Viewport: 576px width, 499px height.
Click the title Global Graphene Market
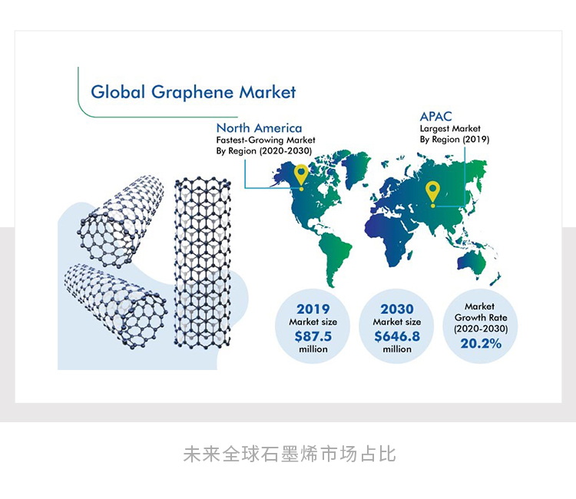(193, 92)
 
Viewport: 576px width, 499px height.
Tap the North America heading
(259, 128)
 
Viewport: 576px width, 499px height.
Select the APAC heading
(435, 117)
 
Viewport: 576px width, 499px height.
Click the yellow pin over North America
(301, 177)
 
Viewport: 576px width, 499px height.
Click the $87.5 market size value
(313, 335)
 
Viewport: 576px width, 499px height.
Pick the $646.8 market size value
(398, 335)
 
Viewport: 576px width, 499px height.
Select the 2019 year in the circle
(313, 309)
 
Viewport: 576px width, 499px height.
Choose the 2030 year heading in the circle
(397, 309)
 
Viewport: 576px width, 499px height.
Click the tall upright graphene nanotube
(202, 261)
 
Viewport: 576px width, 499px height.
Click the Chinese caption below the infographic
(289, 454)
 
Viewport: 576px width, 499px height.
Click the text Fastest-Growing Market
(265, 140)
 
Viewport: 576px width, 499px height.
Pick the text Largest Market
(450, 129)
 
